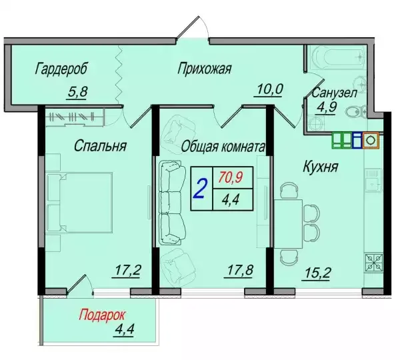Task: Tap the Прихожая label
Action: tap(205, 69)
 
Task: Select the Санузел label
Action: tap(334, 93)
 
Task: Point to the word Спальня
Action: tap(100, 146)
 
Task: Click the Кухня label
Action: tap(321, 167)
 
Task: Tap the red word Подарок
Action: tap(102, 315)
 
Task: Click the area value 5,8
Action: tap(77, 91)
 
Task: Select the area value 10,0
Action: tap(269, 89)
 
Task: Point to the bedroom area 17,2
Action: tap(127, 271)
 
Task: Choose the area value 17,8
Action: tap(239, 271)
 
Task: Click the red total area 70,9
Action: tap(231, 177)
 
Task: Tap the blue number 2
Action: tap(201, 189)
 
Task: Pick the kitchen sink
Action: tap(374, 181)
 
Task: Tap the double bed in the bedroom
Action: tap(79, 203)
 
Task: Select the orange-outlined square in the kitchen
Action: tap(371, 140)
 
